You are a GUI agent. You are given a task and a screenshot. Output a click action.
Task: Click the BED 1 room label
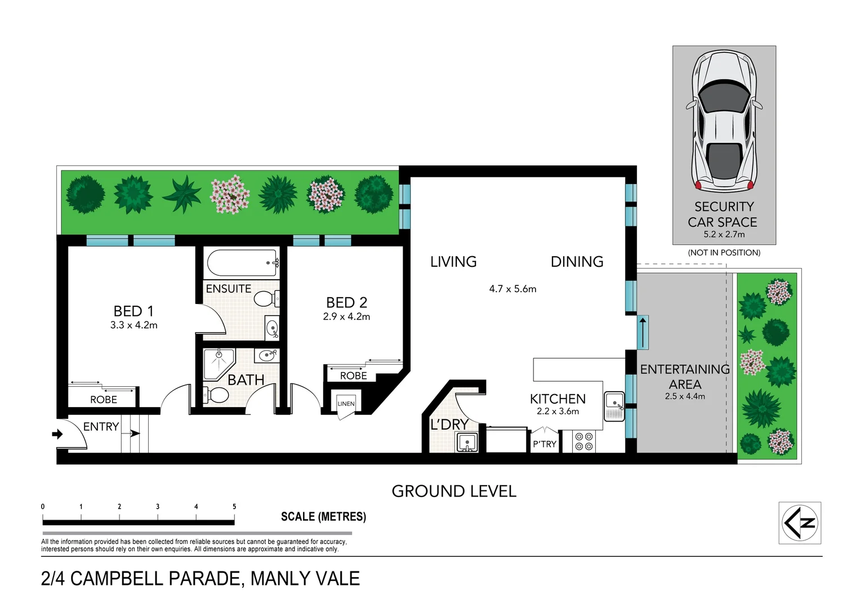pos(133,311)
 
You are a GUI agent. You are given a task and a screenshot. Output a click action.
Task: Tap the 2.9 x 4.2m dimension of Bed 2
pos(346,317)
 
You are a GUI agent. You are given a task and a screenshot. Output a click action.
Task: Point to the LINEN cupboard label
pos(346,404)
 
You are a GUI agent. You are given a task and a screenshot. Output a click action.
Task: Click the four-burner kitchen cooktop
pos(584,441)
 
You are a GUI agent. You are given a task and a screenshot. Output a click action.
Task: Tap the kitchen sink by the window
pos(614,406)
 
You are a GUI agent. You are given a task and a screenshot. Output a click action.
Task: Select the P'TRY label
pos(544,444)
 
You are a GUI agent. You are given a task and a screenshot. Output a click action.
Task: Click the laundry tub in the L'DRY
pos(467,442)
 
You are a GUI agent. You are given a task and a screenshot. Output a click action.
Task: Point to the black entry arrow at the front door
pos(57,434)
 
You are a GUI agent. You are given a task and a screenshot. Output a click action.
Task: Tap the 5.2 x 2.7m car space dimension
pos(724,235)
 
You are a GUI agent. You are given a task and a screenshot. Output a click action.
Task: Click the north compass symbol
pos(800,522)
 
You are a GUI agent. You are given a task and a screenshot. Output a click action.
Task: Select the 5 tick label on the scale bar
pos(234,507)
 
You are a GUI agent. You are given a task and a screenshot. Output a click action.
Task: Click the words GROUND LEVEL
pos(454,491)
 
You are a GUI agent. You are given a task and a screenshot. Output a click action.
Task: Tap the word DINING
pos(577,262)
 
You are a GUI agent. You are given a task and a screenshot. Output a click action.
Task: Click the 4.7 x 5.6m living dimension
pos(513,289)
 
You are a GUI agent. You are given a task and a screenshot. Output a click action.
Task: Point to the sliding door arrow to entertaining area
pos(643,332)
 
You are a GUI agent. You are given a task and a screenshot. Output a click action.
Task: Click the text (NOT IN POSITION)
pos(724,253)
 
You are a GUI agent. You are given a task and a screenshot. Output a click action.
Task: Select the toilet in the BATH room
pos(216,395)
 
